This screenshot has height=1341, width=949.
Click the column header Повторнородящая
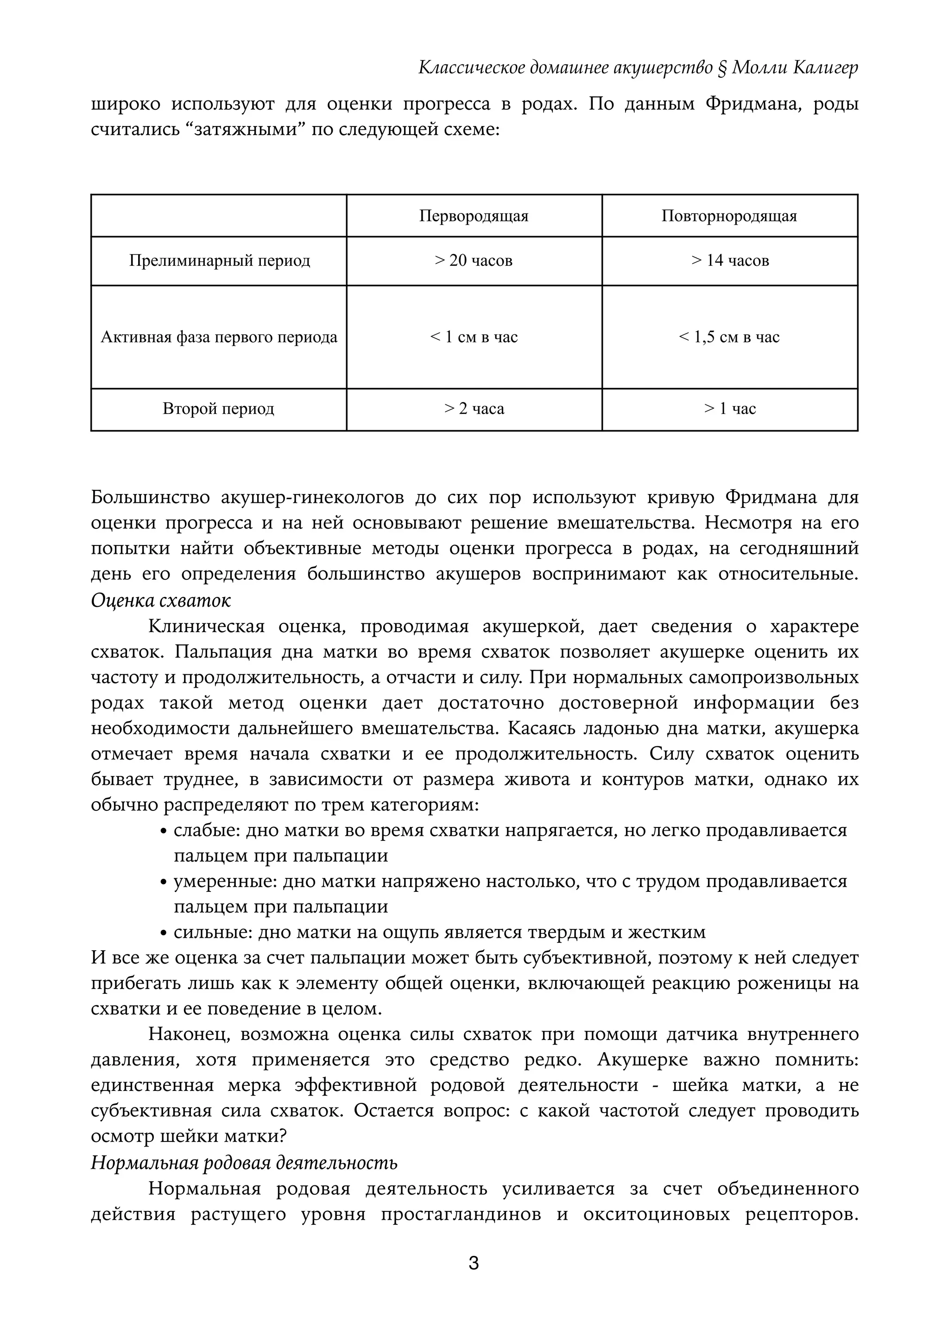[x=729, y=216]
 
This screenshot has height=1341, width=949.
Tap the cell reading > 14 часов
[x=729, y=261]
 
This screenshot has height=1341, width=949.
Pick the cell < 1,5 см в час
[x=729, y=337]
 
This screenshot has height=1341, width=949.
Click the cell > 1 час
[x=729, y=409]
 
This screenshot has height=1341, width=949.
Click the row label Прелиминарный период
[x=219, y=261]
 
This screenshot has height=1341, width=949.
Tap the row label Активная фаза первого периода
[x=219, y=337]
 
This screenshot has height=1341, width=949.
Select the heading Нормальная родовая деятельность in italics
[x=244, y=1162]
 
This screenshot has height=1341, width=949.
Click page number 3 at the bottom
[x=474, y=1263]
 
